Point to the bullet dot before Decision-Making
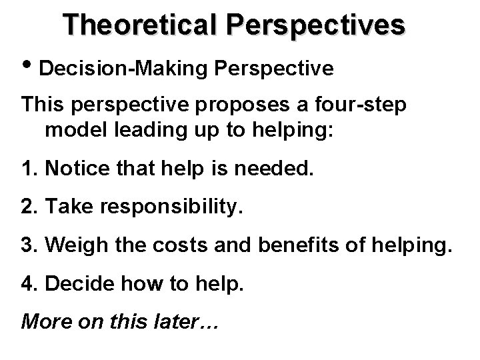pos(27,67)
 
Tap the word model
pos(71,129)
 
